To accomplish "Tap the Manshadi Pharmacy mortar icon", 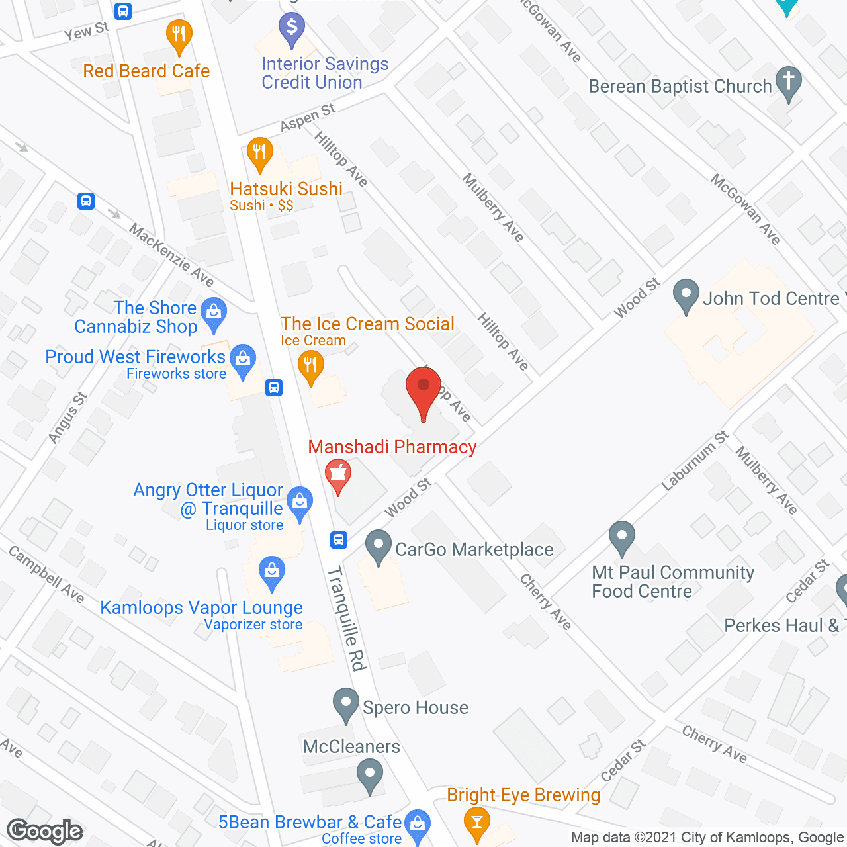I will pyautogui.click(x=338, y=474).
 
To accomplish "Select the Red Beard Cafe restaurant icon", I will pyautogui.click(x=179, y=34).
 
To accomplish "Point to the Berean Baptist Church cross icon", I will pyautogui.click(x=788, y=82).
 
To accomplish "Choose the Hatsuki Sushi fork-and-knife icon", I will pyautogui.click(x=260, y=152).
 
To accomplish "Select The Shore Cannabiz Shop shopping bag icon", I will pyautogui.click(x=213, y=312).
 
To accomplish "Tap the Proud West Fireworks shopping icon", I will pyautogui.click(x=243, y=360).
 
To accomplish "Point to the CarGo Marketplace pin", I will pyautogui.click(x=379, y=546).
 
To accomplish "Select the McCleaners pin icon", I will pyautogui.click(x=369, y=774).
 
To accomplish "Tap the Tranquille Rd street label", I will pyautogui.click(x=347, y=618).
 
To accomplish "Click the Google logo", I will pyautogui.click(x=45, y=831).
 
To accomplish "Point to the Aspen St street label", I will pyautogui.click(x=308, y=118).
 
